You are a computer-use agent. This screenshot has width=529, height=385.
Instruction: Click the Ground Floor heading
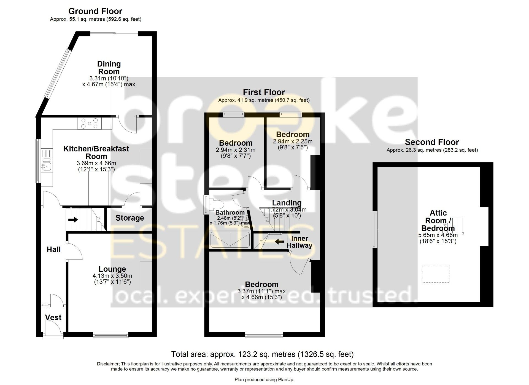[95, 11]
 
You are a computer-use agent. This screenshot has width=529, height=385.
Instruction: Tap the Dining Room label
[109, 68]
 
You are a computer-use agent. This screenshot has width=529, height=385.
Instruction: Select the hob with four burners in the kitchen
[90, 123]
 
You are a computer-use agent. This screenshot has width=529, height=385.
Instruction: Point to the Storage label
[130, 218]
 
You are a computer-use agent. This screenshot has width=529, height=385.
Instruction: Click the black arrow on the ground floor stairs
[73, 220]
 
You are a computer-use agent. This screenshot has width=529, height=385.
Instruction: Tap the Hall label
[53, 250]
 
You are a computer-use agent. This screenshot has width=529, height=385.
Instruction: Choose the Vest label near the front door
[53, 317]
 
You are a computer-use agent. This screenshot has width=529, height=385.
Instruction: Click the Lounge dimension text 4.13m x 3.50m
[112, 276]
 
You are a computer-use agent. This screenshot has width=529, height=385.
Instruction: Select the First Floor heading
[264, 92]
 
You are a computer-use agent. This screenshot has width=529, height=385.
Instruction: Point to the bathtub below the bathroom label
[230, 239]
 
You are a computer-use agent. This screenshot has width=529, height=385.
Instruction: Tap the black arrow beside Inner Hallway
[280, 242]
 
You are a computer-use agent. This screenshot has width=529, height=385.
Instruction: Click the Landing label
[287, 203]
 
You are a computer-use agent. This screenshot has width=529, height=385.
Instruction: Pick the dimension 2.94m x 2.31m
[236, 150]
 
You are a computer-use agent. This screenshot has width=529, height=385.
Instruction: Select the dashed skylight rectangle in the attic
[436, 274]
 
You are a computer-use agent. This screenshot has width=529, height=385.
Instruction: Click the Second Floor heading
[432, 142]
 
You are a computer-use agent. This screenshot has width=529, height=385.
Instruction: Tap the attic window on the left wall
[374, 229]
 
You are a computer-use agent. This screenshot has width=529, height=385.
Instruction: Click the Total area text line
[262, 354]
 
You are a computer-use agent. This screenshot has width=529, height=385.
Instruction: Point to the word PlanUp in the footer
[287, 380]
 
